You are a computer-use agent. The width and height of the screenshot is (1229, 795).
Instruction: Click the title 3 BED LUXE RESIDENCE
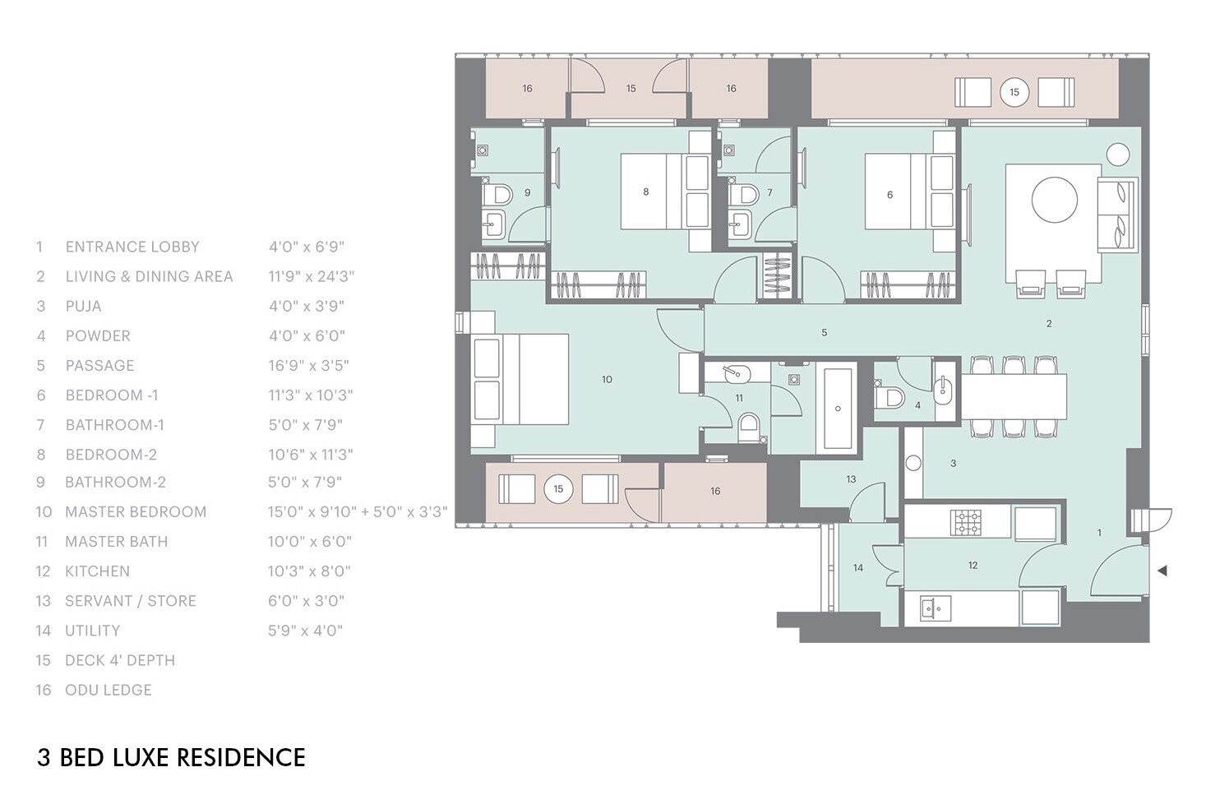pyautogui.click(x=171, y=757)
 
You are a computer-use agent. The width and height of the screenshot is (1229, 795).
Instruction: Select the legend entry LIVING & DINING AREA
pyautogui.click(x=149, y=276)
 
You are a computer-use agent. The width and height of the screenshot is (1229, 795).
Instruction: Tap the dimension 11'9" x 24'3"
pyautogui.click(x=311, y=276)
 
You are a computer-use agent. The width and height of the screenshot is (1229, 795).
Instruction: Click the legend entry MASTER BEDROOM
pyautogui.click(x=136, y=511)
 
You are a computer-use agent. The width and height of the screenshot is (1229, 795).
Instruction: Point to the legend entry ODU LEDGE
pyautogui.click(x=108, y=690)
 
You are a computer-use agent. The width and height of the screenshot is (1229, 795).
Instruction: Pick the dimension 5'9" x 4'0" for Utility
pyautogui.click(x=305, y=631)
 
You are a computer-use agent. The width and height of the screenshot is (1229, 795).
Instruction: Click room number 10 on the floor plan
pyautogui.click(x=607, y=379)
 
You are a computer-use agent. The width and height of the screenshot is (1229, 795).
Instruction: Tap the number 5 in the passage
pyautogui.click(x=824, y=332)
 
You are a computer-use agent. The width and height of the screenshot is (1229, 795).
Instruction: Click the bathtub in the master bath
pyautogui.click(x=837, y=409)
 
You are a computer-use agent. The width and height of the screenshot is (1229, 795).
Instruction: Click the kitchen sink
pyautogui.click(x=932, y=608)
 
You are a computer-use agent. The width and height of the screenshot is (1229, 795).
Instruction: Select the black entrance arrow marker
pyautogui.click(x=1162, y=571)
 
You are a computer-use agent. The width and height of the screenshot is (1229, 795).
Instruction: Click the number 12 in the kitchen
pyautogui.click(x=973, y=565)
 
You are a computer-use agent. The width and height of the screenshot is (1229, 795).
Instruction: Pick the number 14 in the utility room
pyautogui.click(x=857, y=567)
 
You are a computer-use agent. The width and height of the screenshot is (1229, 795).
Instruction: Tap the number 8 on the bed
pyautogui.click(x=645, y=192)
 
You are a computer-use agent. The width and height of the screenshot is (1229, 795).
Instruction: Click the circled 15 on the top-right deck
pyautogui.click(x=1014, y=92)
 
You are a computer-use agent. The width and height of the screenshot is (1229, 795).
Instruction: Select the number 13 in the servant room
pyautogui.click(x=851, y=478)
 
